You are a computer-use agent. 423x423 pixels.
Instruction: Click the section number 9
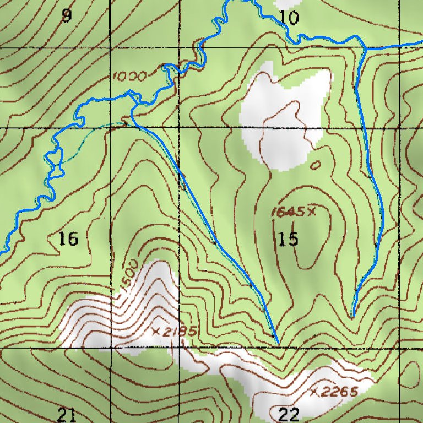point(67,16)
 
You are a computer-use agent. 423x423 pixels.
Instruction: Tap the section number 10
point(289,18)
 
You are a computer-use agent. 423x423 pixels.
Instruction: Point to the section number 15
point(288,239)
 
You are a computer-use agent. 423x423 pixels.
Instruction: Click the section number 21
point(66,414)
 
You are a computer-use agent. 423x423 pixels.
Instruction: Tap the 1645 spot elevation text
point(288,211)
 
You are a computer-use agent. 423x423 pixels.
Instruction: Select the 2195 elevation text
point(178,332)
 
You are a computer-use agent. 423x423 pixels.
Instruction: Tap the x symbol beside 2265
point(314,392)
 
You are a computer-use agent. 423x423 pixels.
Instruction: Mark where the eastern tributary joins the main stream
point(365,48)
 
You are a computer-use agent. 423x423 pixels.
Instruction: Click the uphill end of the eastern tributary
point(352,316)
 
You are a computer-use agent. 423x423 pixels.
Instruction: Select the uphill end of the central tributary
point(278,344)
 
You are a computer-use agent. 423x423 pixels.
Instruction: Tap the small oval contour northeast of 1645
point(316,165)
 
